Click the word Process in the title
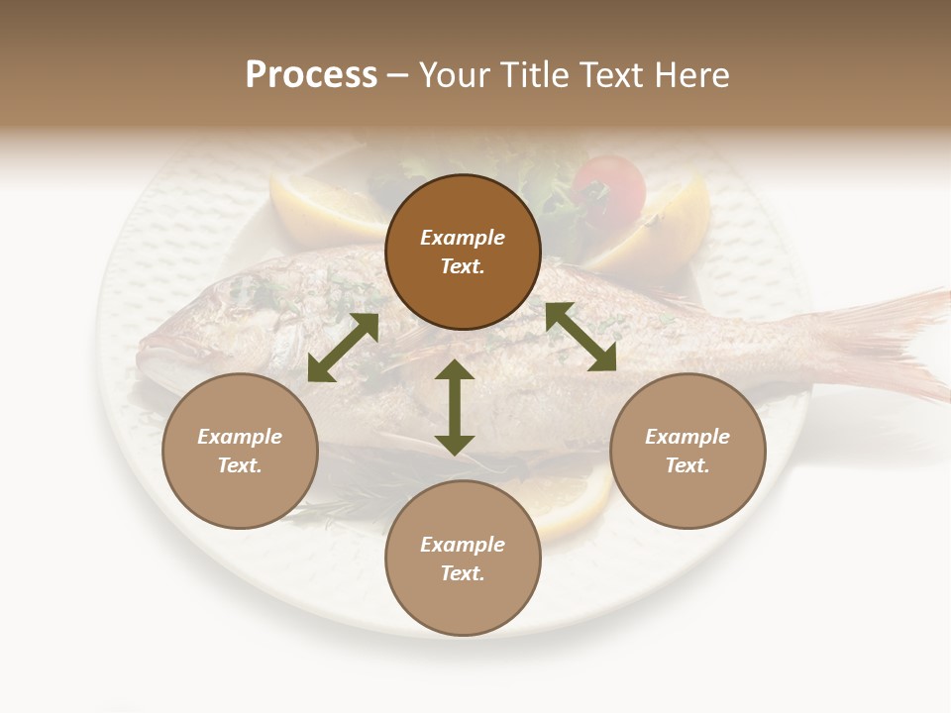tap(311, 75)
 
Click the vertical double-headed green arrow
tap(455, 407)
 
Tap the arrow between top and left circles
tap(344, 348)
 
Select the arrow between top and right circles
tap(581, 337)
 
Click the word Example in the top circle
tap(463, 238)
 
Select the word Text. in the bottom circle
tap(463, 573)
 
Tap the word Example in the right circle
tap(687, 437)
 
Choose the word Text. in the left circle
tap(240, 465)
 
